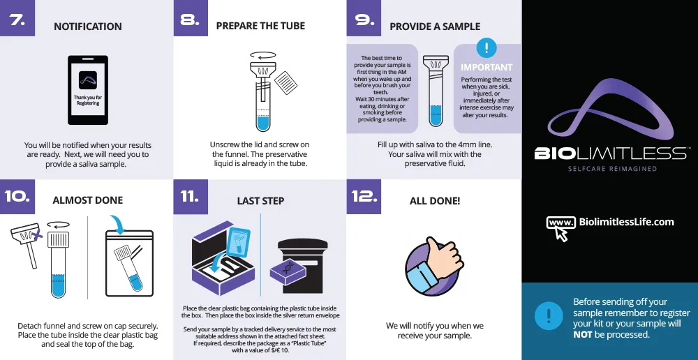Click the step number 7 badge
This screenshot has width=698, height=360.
tap(17, 18)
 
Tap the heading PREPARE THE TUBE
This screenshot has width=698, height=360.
tap(260, 26)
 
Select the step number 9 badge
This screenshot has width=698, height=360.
tap(364, 18)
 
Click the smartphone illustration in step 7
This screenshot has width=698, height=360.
tap(88, 90)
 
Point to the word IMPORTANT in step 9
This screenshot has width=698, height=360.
tap(487, 68)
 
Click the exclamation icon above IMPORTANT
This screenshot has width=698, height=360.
tap(487, 47)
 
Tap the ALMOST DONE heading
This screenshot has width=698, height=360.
tap(88, 200)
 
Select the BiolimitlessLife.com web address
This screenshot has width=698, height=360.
tap(626, 222)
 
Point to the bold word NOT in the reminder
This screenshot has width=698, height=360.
tap(582, 334)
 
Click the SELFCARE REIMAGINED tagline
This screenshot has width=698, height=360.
tap(612, 169)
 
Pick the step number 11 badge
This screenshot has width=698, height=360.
tap(191, 197)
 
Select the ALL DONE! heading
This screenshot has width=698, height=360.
tap(435, 201)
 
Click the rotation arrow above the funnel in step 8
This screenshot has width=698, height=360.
tap(263, 55)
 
